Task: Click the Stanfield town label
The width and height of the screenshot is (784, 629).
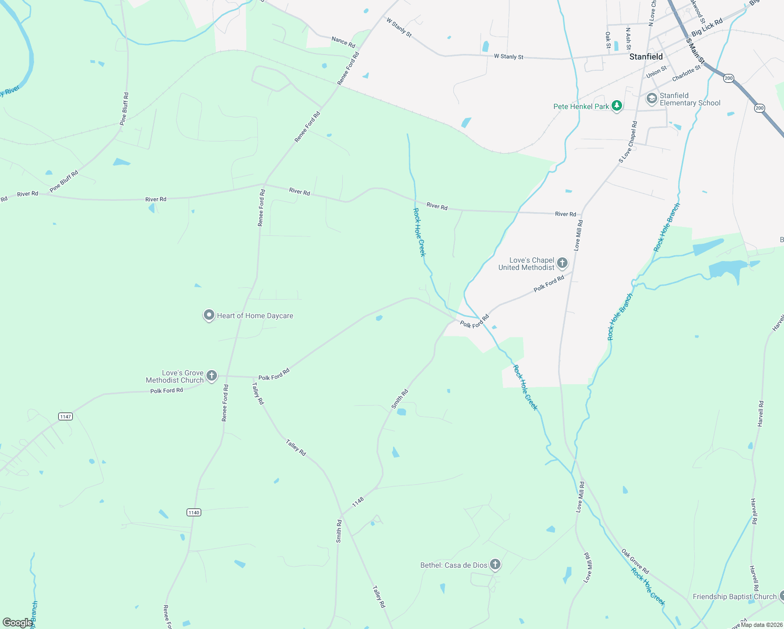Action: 646,57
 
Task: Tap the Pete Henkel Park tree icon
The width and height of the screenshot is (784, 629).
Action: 617,106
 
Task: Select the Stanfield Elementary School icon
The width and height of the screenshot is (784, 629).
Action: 651,99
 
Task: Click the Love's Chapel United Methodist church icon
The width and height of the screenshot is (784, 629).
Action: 562,263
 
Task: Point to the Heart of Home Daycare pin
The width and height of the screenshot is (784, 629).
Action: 209,315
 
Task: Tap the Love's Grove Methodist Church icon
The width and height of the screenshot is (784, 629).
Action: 212,375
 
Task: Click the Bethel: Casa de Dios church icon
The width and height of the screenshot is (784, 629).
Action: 495,565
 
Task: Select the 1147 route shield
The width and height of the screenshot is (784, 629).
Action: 66,417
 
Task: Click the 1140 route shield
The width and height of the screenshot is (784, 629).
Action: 194,512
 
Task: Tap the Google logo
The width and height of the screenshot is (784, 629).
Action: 17,623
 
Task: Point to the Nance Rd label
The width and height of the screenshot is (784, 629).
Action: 343,42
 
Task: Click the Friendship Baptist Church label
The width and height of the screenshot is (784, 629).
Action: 734,597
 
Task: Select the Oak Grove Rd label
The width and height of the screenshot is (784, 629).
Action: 635,561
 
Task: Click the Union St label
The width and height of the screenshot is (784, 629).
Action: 657,72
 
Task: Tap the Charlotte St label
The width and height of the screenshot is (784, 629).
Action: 686,73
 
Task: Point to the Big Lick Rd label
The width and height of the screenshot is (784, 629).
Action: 707,27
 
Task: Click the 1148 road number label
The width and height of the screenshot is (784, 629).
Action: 358,502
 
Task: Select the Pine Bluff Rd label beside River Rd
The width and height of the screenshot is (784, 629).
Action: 64,181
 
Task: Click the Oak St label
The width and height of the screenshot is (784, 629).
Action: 608,40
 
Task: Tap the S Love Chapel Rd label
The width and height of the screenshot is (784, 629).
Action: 628,142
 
